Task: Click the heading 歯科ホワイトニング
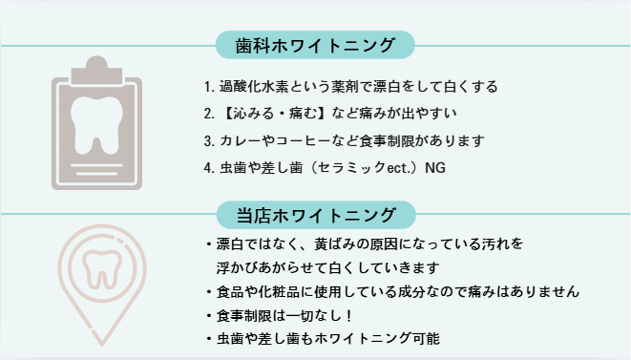coord(315,45)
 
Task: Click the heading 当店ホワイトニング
coord(316,216)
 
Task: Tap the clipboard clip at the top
coord(96,71)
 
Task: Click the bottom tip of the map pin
coord(102,344)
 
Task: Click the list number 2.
coord(208,114)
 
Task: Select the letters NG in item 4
coord(435,168)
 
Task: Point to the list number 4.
coord(208,168)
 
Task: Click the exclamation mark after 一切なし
coord(348,316)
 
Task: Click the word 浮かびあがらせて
coord(272,267)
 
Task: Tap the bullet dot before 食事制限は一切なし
coord(208,316)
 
